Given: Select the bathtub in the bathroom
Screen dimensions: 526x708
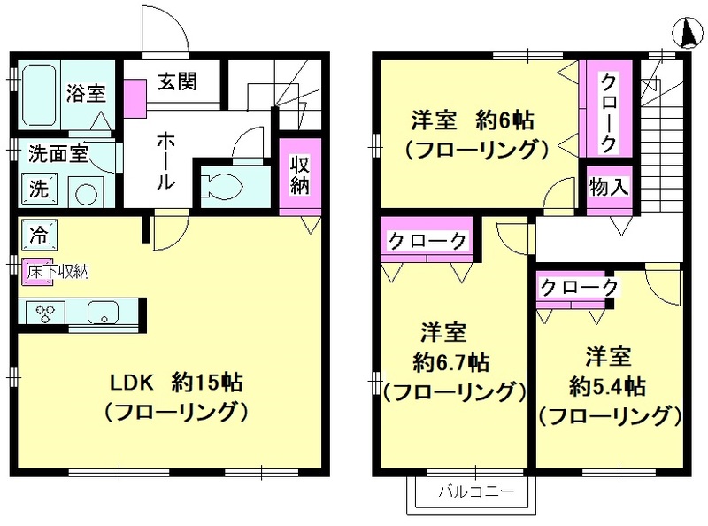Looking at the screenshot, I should [x=39, y=94].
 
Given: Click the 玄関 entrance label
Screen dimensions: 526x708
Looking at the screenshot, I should [x=177, y=81].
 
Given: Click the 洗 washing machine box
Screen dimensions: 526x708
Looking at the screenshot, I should [x=38, y=188].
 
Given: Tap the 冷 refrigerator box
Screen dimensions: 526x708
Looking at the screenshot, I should [x=39, y=236].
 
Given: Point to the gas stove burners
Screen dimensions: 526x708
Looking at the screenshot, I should [x=44, y=312].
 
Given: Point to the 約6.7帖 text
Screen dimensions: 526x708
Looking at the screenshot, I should [x=452, y=362].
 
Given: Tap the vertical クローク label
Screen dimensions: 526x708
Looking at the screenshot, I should [x=610, y=111].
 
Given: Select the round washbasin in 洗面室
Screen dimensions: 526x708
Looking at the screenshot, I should [x=87, y=193].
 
